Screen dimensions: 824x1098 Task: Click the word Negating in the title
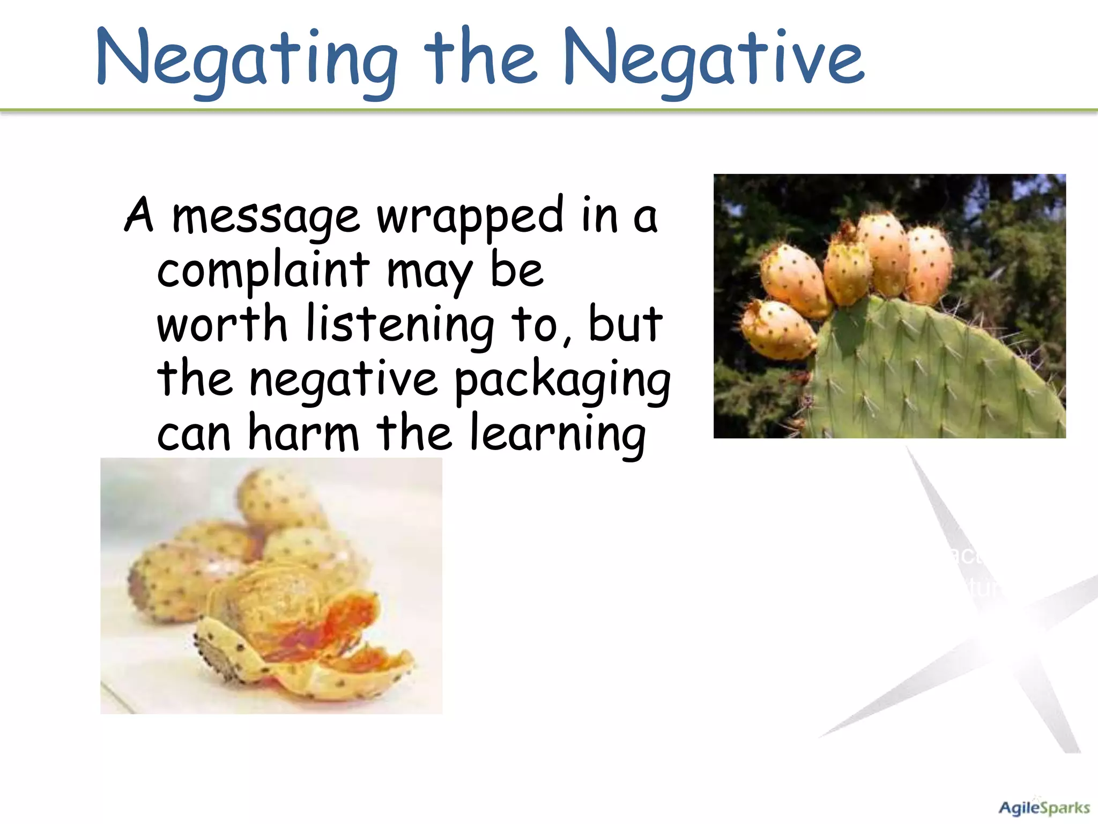(x=247, y=59)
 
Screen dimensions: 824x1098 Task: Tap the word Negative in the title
(x=713, y=59)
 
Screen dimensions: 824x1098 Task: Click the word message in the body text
(x=265, y=217)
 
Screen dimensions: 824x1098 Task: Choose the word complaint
(x=263, y=271)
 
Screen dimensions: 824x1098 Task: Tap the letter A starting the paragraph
(x=139, y=216)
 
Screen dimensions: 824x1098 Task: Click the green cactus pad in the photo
(x=933, y=376)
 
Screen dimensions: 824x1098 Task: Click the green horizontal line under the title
(x=549, y=111)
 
